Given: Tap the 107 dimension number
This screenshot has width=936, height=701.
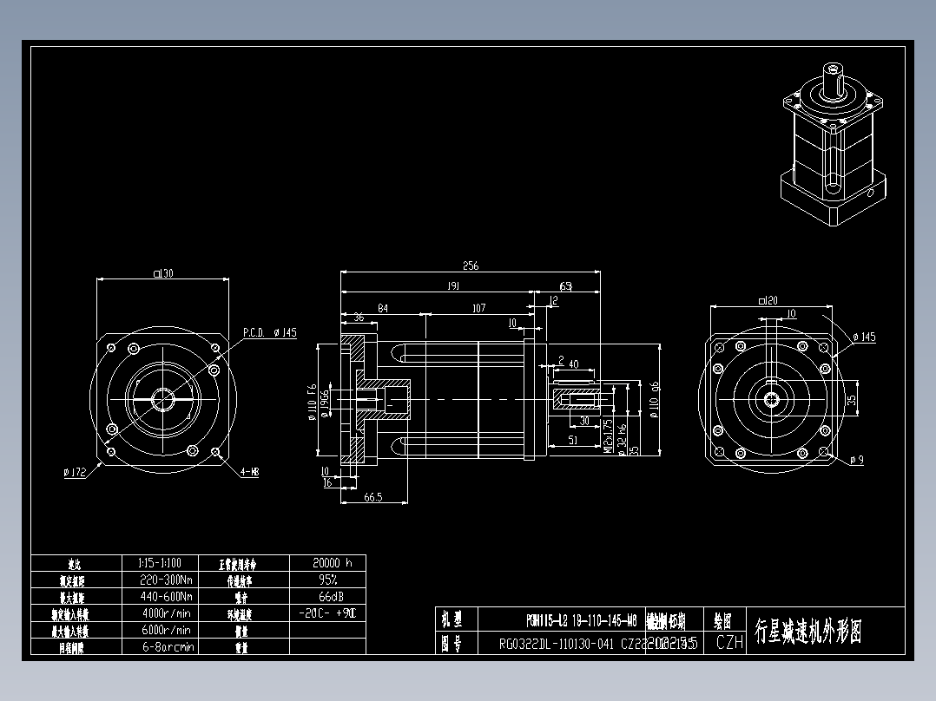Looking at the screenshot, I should [478, 308].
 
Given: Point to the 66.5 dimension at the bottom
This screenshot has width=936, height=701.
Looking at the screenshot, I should [373, 497].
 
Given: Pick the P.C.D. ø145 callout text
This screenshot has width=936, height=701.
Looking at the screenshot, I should [270, 332].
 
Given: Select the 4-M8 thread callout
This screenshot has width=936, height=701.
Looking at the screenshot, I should [249, 472].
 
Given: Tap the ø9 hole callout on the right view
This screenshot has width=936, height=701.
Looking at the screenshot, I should [857, 459].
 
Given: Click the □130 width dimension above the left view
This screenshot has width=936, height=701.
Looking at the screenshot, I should [163, 273].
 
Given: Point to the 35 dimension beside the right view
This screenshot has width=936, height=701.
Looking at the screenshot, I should [852, 400].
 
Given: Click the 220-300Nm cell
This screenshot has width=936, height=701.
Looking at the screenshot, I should [166, 579].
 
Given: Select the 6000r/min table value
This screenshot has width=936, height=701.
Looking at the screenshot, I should [166, 630].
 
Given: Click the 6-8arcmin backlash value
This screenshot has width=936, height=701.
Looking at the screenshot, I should [166, 646].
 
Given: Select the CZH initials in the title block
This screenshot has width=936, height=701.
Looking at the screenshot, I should [729, 643].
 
